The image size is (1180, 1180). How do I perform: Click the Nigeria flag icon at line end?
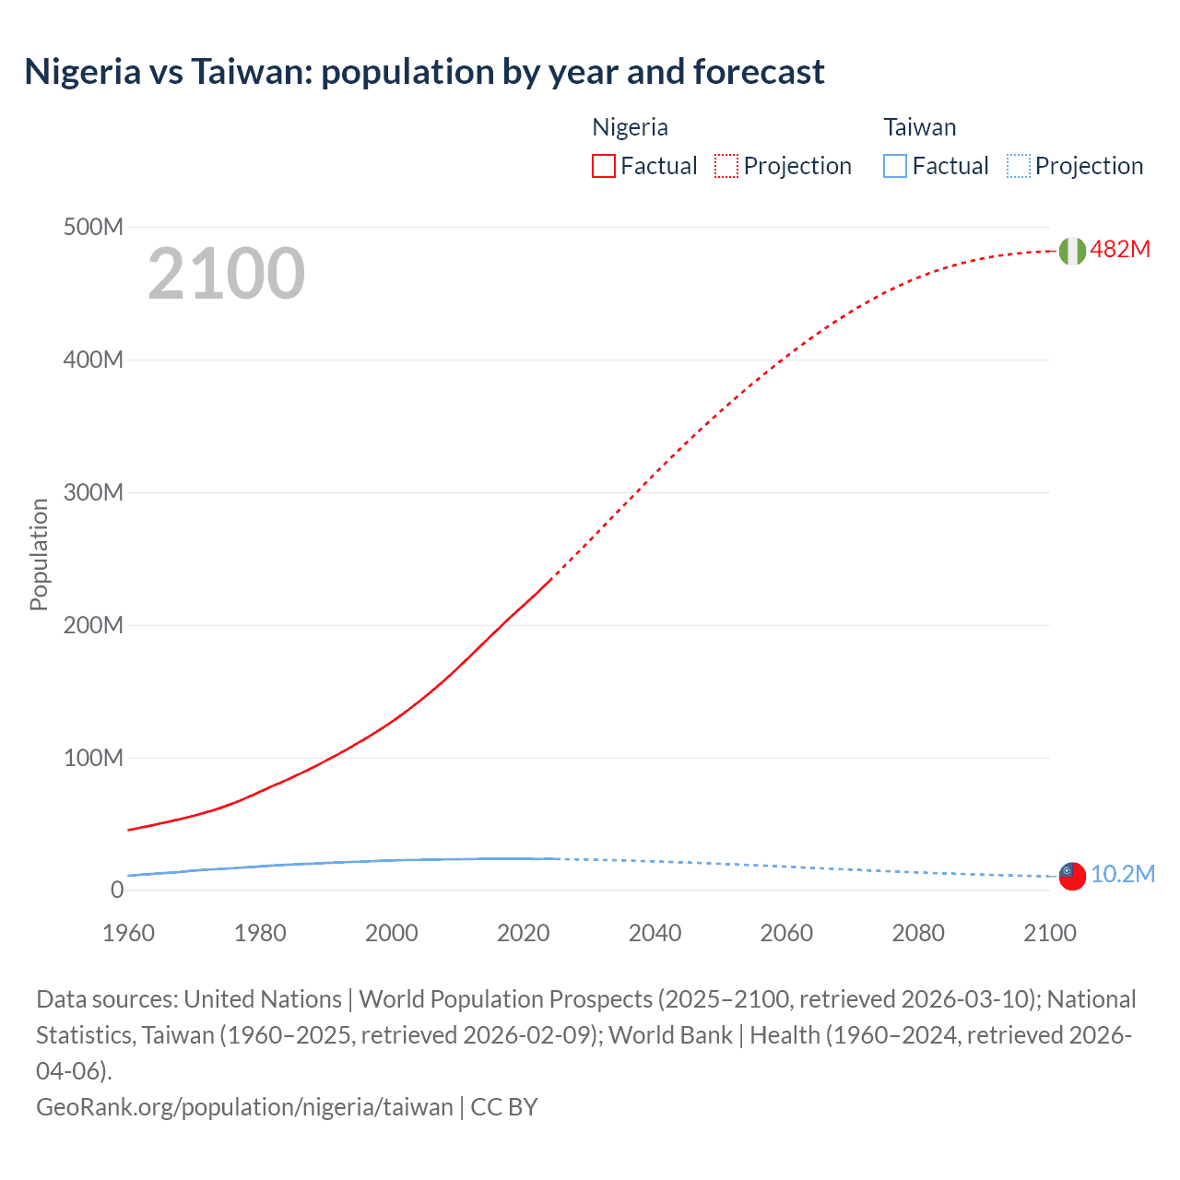1072,251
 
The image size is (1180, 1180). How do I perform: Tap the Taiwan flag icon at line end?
1072,876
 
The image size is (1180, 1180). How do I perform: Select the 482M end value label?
1120,250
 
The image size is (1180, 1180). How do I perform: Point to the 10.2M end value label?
1122,874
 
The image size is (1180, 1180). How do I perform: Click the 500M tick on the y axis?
93,227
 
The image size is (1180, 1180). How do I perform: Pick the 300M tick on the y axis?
93,492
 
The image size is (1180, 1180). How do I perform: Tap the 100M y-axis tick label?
93,758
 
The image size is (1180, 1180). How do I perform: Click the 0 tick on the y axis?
117,891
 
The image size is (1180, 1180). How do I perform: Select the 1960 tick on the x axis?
128,933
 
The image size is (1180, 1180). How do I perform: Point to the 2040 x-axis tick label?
655,933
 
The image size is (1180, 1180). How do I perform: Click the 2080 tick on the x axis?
918,933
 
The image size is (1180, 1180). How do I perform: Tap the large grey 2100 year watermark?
226,274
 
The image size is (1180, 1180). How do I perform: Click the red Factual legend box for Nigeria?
604,166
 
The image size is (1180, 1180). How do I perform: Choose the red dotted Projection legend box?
726,166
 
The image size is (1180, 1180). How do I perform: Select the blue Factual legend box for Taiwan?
895,166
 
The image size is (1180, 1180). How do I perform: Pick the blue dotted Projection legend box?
1019,166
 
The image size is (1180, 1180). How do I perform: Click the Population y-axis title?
39,554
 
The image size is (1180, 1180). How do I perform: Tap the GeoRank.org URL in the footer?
244,1107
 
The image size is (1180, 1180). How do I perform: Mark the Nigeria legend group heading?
630,127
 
